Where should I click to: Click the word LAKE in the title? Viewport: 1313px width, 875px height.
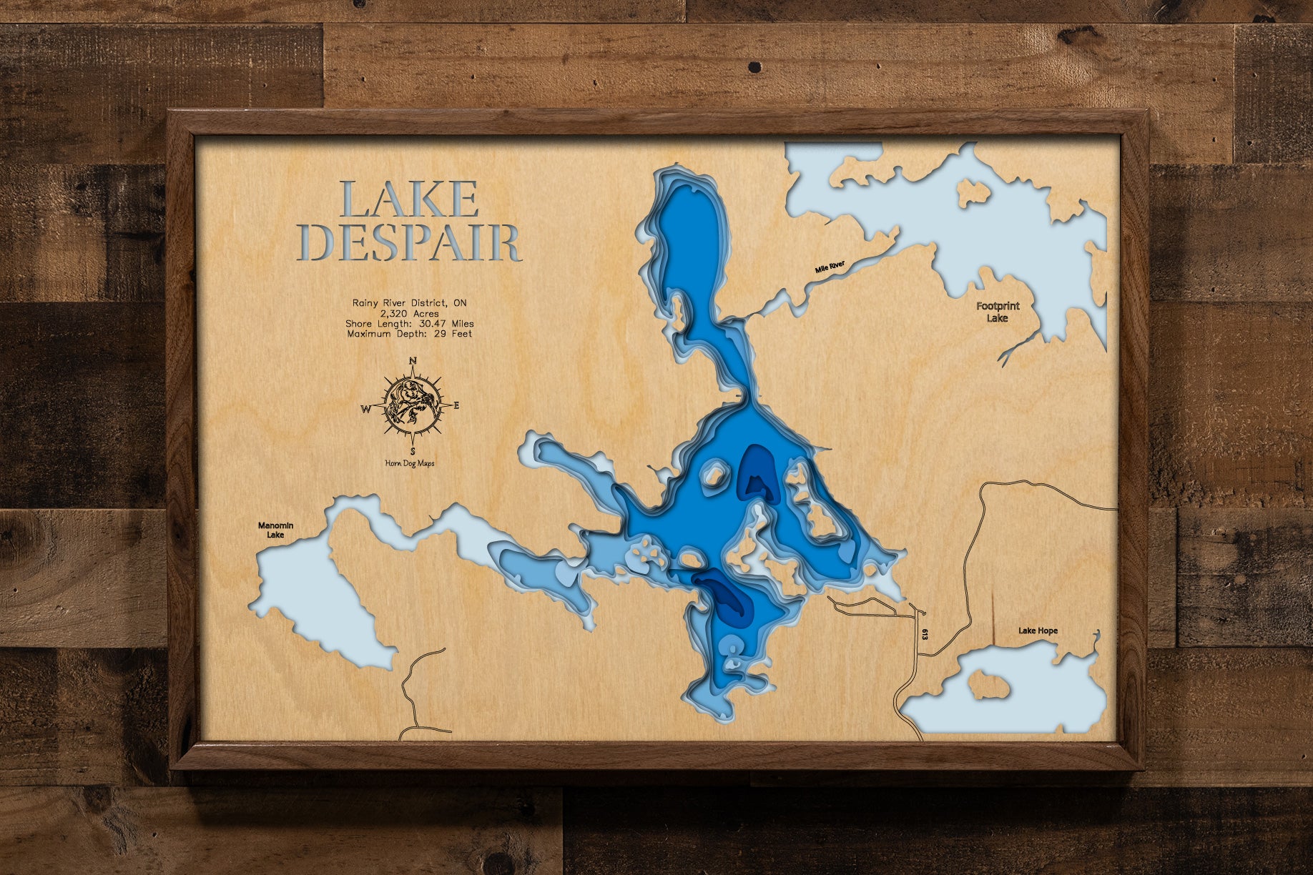click(409, 199)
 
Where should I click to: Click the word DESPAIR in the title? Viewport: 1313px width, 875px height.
click(409, 243)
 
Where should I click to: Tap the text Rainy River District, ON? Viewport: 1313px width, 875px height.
click(409, 303)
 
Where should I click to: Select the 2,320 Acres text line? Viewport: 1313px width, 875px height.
click(409, 313)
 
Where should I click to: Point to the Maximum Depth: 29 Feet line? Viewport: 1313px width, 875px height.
click(409, 334)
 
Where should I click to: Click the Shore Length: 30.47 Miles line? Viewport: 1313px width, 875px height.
click(409, 324)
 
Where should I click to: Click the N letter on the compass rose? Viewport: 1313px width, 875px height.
click(413, 361)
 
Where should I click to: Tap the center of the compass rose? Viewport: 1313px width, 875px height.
click(412, 406)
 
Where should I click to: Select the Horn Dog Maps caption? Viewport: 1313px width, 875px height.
click(410, 463)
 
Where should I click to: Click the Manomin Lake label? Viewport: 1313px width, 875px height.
click(275, 530)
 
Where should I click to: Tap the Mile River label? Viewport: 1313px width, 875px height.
click(830, 267)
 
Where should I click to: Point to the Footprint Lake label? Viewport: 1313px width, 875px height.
click(998, 312)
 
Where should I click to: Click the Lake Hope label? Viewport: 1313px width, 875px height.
click(1038, 631)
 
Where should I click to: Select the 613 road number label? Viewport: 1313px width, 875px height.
click(925, 634)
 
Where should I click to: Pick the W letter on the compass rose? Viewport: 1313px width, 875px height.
click(365, 410)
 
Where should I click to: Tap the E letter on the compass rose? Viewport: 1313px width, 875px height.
click(457, 406)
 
